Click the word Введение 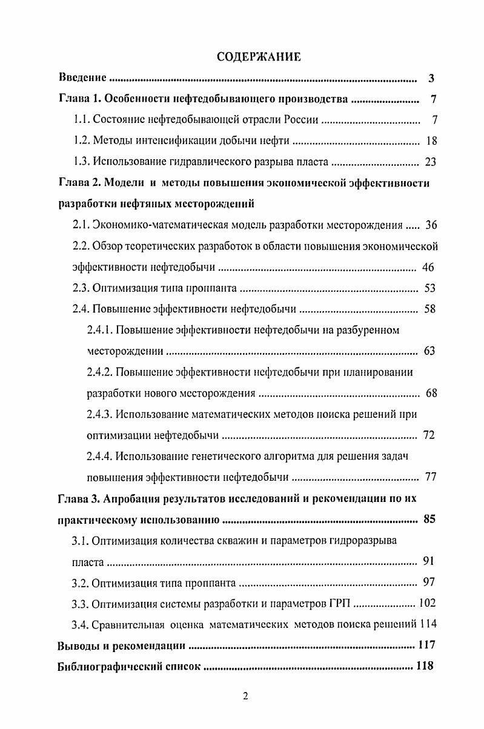(82, 78)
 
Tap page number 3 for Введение (430, 78)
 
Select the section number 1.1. (81, 120)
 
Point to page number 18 (431, 141)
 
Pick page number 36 (431, 225)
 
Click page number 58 (431, 309)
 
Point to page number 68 (431, 393)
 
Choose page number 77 (431, 477)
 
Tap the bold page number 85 (429, 519)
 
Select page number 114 (426, 624)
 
